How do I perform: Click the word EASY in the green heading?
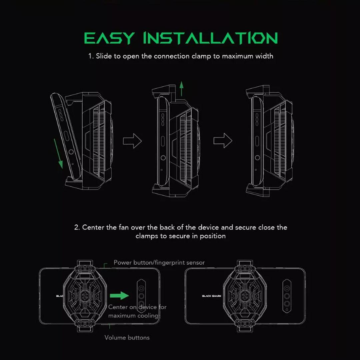[109, 38]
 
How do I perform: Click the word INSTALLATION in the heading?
[211, 38]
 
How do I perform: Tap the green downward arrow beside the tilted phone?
[58, 154]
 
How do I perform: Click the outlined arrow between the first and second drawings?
[132, 141]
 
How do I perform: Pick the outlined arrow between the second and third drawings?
[223, 141]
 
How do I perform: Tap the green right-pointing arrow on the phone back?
[119, 295]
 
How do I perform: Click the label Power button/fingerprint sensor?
[159, 262]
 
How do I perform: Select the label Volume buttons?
[127, 337]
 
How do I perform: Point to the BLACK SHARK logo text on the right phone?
[211, 296]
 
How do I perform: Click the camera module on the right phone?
[287, 296]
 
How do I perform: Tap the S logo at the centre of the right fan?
[245, 296]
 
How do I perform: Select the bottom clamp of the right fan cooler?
[245, 326]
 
